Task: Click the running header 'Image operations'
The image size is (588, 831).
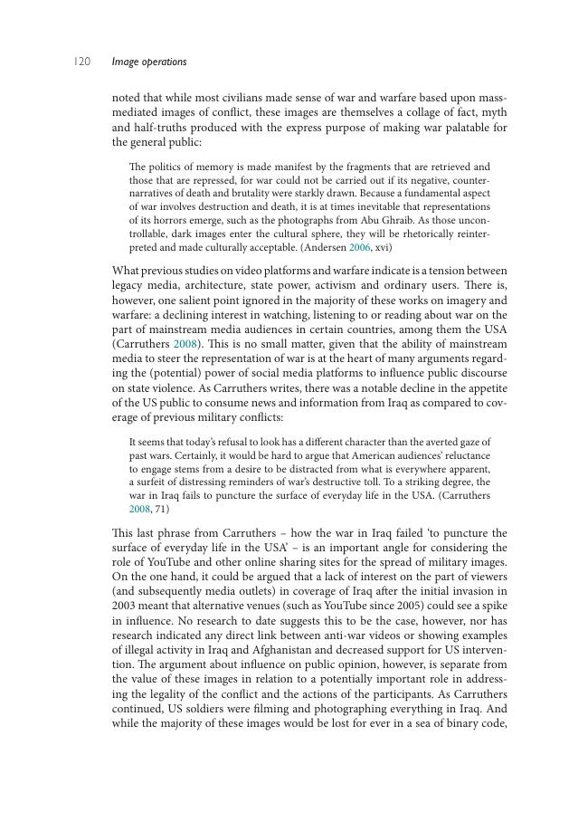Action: click(149, 62)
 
